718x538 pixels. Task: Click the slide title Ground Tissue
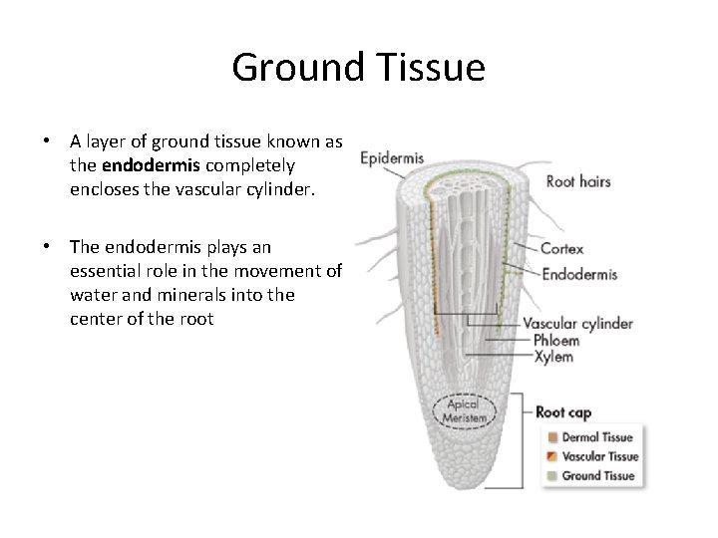[x=358, y=68]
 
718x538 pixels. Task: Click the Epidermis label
[x=392, y=157]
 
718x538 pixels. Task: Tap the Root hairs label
[x=578, y=181]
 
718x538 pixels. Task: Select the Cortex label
[x=561, y=249]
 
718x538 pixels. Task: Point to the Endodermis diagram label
[x=579, y=274]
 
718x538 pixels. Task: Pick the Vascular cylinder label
[x=577, y=323]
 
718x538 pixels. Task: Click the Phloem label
[x=555, y=340]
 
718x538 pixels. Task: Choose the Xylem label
[x=552, y=356]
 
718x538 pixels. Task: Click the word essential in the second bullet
[x=107, y=270]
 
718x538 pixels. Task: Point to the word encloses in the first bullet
[x=103, y=187]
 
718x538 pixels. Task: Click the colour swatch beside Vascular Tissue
[x=551, y=456]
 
